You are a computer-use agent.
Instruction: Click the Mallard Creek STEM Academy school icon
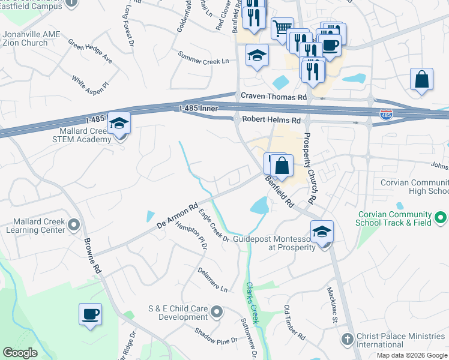tap(119, 124)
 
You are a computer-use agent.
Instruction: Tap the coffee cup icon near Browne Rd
tap(90, 314)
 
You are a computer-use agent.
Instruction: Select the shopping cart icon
tap(282, 28)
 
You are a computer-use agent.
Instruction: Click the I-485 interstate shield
tap(386, 114)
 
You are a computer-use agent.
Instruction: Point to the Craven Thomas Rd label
tap(274, 97)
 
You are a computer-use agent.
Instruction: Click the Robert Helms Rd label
tap(271, 120)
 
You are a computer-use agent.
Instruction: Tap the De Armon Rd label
tap(177, 217)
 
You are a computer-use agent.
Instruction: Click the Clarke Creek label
tap(253, 304)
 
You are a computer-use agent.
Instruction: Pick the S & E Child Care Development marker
tap(217, 311)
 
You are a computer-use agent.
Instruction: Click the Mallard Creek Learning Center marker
tap(74, 225)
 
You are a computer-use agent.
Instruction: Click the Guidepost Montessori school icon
tap(322, 232)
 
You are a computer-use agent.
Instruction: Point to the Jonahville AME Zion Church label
tap(31, 38)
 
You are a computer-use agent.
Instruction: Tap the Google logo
tap(20, 353)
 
